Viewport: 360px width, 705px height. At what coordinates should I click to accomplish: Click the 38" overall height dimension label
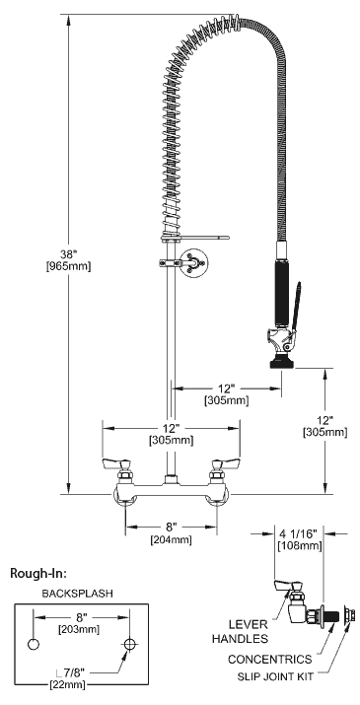click(x=69, y=255)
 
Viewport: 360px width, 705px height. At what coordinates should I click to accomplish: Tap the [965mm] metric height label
click(x=68, y=266)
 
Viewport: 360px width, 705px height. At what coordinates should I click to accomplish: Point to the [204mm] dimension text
click(x=171, y=540)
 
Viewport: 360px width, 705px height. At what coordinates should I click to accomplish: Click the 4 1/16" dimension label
click(x=299, y=534)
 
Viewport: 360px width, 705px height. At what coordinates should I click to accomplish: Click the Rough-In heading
click(x=38, y=573)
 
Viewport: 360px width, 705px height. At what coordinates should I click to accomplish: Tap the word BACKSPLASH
click(x=77, y=594)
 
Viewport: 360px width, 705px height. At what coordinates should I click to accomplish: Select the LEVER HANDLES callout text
click(x=240, y=631)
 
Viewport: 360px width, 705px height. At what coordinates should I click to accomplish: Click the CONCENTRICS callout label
click(x=269, y=659)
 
